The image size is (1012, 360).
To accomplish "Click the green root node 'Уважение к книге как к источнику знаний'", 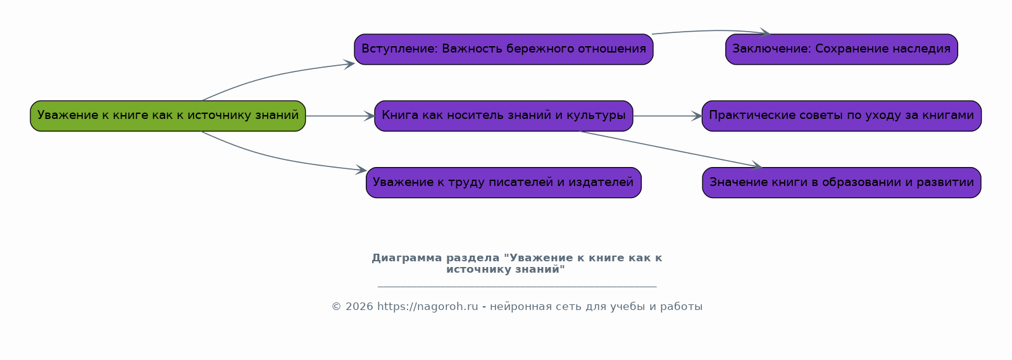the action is pos(168,116).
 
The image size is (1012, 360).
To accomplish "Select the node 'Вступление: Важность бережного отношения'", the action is pos(504,49).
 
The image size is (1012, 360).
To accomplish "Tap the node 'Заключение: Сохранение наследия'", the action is pos(842,49).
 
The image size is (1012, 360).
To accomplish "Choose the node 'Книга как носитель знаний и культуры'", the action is pos(504,116).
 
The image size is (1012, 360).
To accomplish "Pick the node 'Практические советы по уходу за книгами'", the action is pos(842,116).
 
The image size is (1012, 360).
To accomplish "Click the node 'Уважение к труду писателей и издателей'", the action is pos(504,182).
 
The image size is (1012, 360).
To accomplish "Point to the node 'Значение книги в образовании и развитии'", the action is pos(842,182).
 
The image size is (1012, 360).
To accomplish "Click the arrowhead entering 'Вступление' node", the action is pos(349,64).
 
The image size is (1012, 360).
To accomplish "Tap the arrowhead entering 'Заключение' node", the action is pos(765,32).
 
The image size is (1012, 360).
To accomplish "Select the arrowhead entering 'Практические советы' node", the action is pos(697,116).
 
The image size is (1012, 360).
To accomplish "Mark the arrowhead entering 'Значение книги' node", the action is pos(757,166).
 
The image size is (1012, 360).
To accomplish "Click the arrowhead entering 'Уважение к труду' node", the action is pos(361,170).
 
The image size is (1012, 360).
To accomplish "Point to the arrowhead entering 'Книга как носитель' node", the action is pos(369,116).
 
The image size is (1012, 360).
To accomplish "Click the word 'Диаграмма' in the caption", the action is pos(406,258).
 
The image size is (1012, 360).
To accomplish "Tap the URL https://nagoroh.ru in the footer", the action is pos(427,307).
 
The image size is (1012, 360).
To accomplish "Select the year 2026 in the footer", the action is pos(359,307).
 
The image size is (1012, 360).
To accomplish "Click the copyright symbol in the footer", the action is pos(336,307).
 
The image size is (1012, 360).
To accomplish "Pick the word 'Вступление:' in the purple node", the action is pos(400,49).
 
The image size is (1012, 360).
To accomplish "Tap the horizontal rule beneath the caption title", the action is pos(517,287).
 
